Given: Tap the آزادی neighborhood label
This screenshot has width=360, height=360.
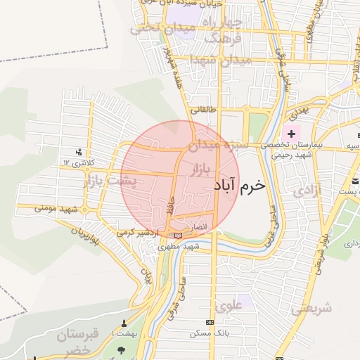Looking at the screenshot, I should (x=307, y=191).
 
